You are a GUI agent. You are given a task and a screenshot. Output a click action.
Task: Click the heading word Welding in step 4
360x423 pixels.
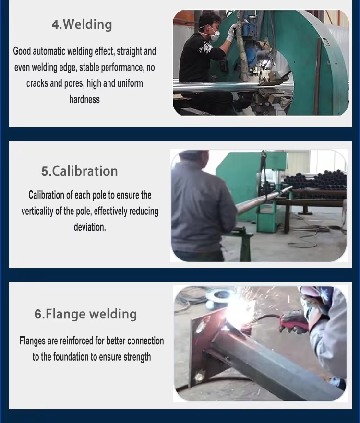tap(87, 24)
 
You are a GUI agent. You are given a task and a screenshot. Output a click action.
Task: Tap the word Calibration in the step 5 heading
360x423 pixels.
tap(85, 171)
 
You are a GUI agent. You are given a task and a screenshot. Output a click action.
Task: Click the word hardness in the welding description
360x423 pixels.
tap(84, 100)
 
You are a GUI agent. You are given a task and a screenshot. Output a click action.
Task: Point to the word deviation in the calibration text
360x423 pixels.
tap(90, 227)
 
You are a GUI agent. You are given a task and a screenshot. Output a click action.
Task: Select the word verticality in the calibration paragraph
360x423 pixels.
tap(37, 211)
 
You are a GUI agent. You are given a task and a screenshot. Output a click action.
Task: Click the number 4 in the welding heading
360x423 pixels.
tap(56, 25)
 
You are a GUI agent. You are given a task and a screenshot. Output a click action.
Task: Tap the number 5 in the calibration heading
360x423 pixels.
tap(45, 172)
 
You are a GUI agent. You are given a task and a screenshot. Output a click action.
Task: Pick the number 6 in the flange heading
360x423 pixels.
tap(38, 314)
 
